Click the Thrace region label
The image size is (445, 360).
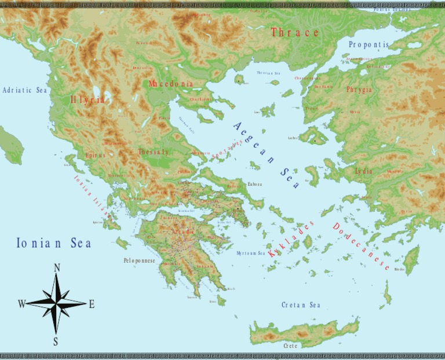pos(295,33)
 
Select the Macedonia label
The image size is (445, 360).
pos(170,84)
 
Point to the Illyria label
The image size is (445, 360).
pos(88,100)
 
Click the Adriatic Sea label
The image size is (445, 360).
pos(25,90)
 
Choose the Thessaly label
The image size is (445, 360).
pos(154,152)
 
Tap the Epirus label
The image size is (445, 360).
pos(96,156)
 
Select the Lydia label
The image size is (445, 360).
pos(363,171)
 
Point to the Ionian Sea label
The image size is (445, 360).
pos(54,243)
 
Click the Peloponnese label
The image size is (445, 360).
pos(139,261)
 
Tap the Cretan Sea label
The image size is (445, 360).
pos(301,305)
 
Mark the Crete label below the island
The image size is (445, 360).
pos(290,346)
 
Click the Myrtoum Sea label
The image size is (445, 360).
pos(250,254)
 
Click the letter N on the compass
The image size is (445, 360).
pos(57,267)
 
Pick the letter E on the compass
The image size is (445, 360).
pos(92,304)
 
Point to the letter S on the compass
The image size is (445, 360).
pos(56,341)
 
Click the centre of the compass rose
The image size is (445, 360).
pos(56,303)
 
